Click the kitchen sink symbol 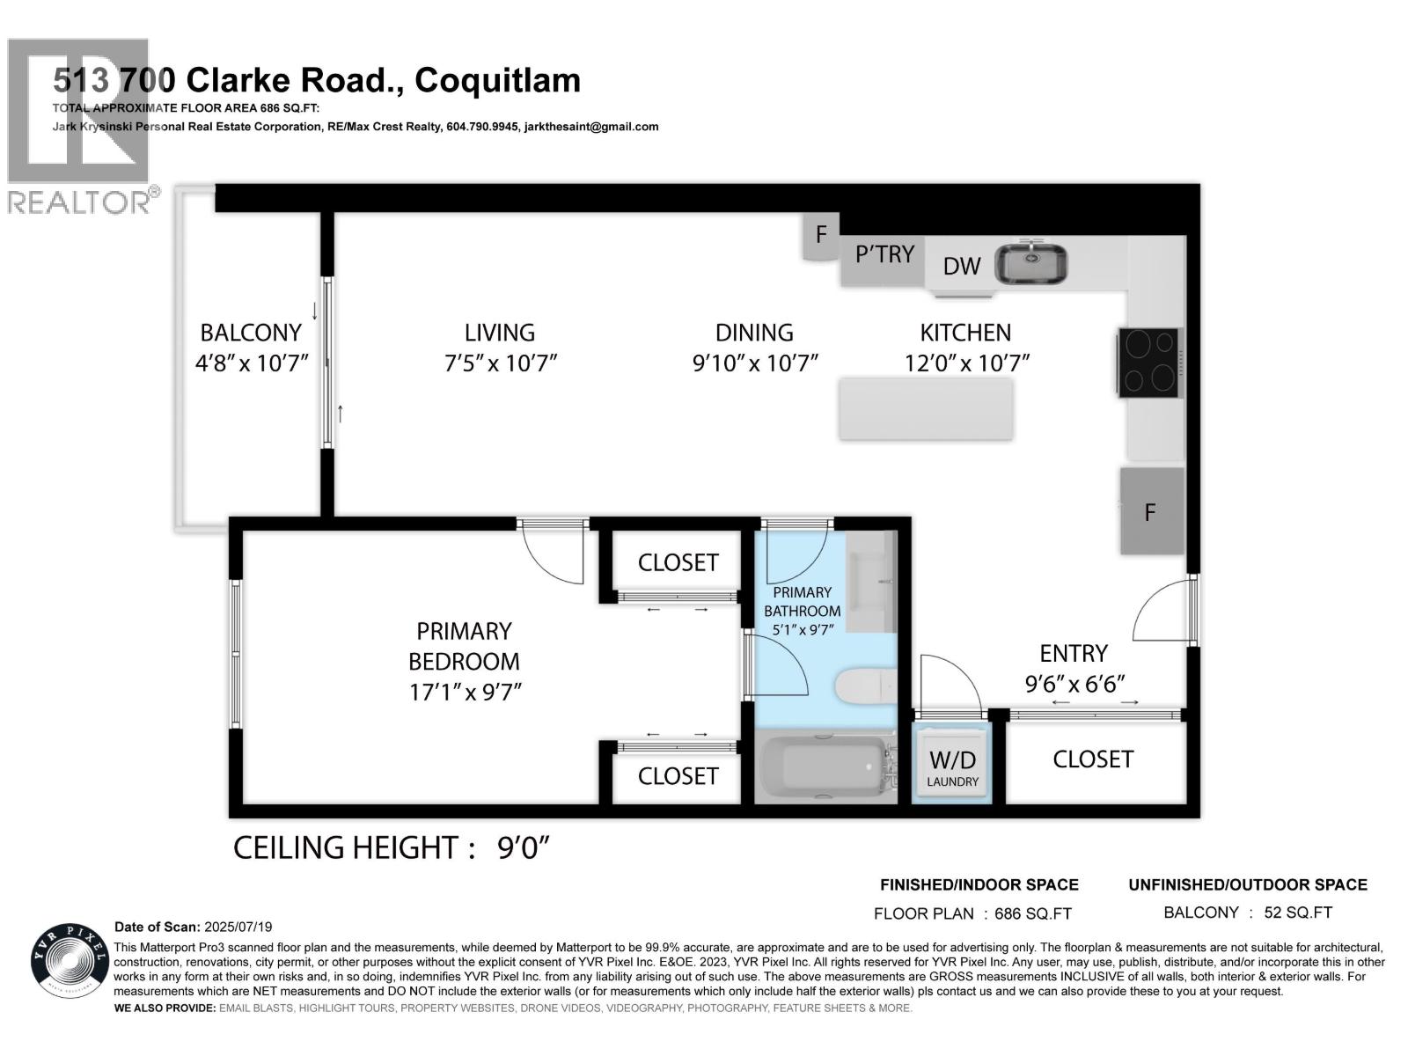point(1030,263)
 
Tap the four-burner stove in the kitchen point(1150,363)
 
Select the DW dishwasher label point(961,267)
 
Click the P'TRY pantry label point(884,254)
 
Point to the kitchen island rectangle point(925,409)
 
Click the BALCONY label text point(251,333)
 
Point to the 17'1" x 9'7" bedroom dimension point(466,693)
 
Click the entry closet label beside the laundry point(1092,759)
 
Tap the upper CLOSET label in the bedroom point(678,562)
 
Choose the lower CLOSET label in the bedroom point(678,775)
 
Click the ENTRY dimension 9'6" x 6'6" point(1074,683)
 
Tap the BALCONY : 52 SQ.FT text point(1247,913)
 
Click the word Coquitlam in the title point(497,80)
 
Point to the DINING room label point(754,333)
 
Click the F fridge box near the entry point(1150,512)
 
